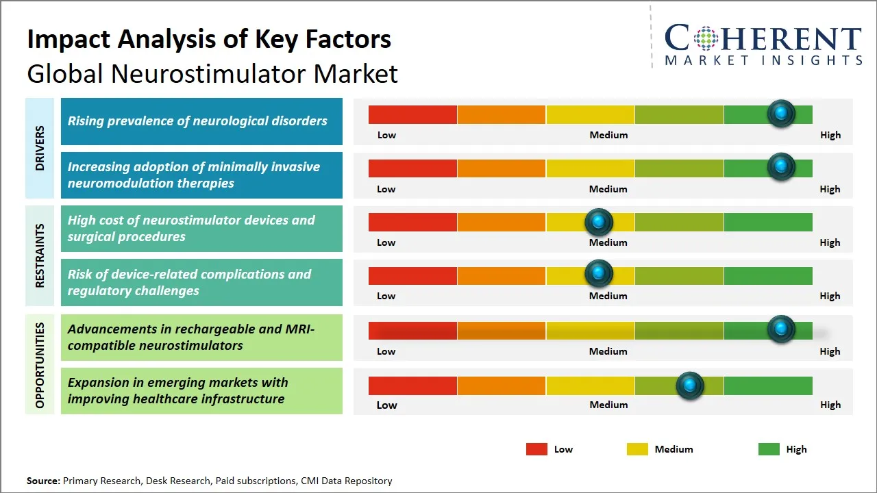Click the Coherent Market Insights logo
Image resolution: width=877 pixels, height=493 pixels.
pyautogui.click(x=763, y=45)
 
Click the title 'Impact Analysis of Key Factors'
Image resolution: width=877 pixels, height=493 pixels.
pyautogui.click(x=209, y=39)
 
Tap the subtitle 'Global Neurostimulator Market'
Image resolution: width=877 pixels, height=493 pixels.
pyautogui.click(x=212, y=73)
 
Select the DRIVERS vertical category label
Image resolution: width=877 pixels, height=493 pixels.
pyautogui.click(x=40, y=147)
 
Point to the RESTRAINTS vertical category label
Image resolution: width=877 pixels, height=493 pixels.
pyautogui.click(x=40, y=255)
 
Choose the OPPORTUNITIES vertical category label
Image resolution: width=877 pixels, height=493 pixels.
pyautogui.click(x=40, y=365)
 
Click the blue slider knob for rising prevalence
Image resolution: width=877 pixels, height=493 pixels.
pyautogui.click(x=780, y=114)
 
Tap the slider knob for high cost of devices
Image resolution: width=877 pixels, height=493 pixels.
pyautogui.click(x=599, y=222)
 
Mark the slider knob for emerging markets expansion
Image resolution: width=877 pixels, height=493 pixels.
pyautogui.click(x=689, y=385)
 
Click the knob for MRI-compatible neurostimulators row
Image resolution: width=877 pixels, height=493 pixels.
pyautogui.click(x=780, y=329)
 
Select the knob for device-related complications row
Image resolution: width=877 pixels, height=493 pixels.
pyautogui.click(x=599, y=274)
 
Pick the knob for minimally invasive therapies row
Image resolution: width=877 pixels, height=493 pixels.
pyautogui.click(x=780, y=167)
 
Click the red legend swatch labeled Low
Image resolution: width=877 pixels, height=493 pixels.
pyautogui.click(x=536, y=449)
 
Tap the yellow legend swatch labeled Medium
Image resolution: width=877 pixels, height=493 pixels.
pyautogui.click(x=637, y=449)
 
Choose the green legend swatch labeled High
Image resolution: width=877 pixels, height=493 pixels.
pyautogui.click(x=769, y=449)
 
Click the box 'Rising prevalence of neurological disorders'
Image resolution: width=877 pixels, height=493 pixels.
pyautogui.click(x=201, y=121)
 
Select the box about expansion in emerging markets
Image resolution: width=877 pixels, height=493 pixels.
pyautogui.click(x=201, y=391)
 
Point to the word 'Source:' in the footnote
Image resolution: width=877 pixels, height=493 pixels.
pyautogui.click(x=43, y=481)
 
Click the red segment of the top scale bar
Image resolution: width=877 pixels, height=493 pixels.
pyautogui.click(x=412, y=114)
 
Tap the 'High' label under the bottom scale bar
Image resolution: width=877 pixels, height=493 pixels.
pyautogui.click(x=830, y=405)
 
